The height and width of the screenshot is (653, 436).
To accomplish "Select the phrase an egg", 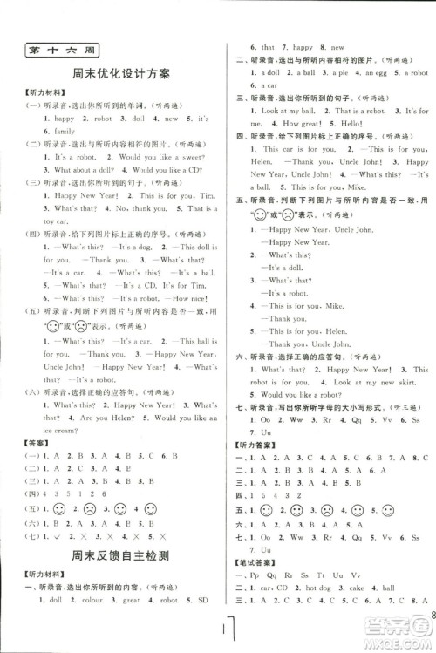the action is [x=364, y=73].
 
